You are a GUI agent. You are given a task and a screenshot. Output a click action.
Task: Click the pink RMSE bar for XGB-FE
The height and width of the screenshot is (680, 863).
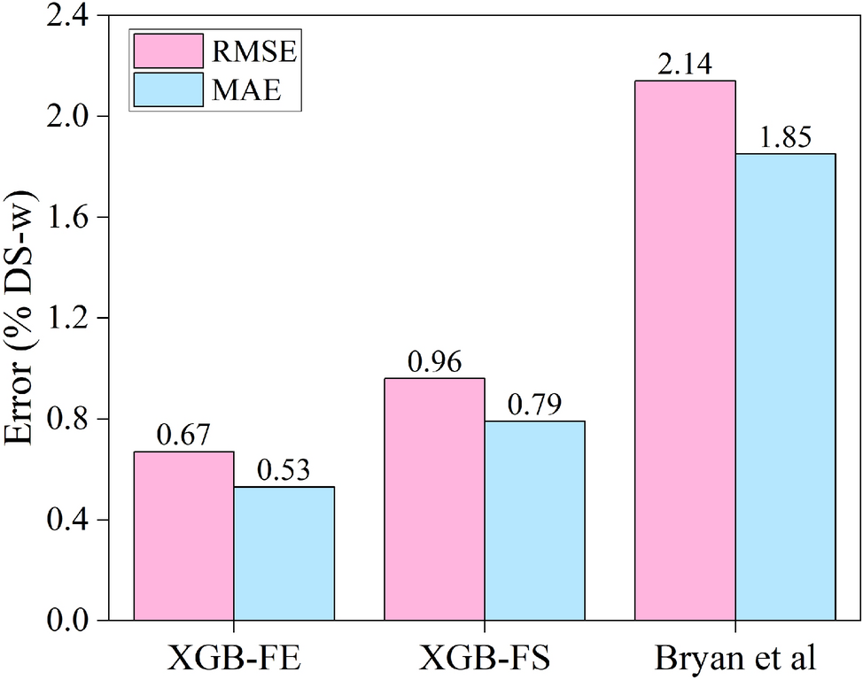pyautogui.click(x=183, y=536)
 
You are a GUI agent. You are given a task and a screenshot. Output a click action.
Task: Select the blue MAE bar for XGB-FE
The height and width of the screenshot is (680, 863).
pyautogui.click(x=284, y=553)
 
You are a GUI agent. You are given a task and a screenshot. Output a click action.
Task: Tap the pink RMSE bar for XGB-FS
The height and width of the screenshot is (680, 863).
pyautogui.click(x=434, y=499)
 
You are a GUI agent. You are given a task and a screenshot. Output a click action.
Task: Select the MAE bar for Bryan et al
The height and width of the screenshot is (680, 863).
pyautogui.click(x=785, y=387)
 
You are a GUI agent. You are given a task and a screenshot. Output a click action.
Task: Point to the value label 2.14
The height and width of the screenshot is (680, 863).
pyautogui.click(x=685, y=65)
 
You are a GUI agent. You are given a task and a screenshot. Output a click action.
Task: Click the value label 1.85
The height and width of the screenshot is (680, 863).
pyautogui.click(x=785, y=138)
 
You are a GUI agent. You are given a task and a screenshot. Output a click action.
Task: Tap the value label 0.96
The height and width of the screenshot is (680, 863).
pyautogui.click(x=434, y=362)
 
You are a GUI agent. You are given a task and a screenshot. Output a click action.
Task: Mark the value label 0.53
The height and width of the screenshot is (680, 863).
pyautogui.click(x=284, y=471)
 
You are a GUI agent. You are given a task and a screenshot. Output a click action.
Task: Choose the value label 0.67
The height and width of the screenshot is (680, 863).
pyautogui.click(x=183, y=436)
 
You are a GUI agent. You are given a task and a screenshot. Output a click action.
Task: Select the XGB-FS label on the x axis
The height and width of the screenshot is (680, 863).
pyautogui.click(x=485, y=659)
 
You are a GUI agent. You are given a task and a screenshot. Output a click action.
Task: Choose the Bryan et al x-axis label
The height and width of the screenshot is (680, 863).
pyautogui.click(x=735, y=659)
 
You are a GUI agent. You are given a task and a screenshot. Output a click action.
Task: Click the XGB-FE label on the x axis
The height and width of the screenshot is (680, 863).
pyautogui.click(x=234, y=659)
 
